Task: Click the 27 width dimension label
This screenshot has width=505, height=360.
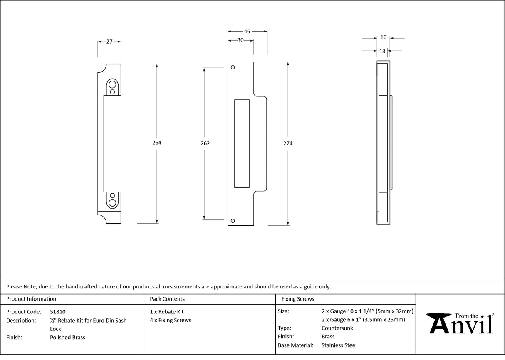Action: (109, 42)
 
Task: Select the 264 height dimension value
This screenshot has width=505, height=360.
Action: (157, 143)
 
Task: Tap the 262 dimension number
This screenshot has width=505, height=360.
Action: (205, 143)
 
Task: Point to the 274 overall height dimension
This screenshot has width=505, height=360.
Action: (288, 143)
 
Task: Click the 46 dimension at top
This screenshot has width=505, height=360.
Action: (247, 31)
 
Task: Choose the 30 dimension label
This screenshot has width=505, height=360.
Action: (240, 40)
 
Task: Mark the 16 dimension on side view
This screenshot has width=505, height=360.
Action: (383, 37)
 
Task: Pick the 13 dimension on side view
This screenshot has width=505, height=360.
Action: (382, 51)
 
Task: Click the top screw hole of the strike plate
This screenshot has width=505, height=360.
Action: (233, 67)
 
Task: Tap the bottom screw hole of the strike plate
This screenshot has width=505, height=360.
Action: (233, 220)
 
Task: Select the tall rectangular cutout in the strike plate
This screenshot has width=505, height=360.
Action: (242, 143)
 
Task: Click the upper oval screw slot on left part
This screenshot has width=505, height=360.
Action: (112, 87)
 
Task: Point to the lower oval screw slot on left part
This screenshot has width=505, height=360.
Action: (112, 200)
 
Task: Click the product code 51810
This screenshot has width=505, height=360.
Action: (57, 311)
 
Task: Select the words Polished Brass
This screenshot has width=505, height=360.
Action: (67, 338)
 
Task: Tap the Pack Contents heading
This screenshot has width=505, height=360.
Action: (167, 299)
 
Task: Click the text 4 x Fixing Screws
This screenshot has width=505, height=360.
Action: (171, 320)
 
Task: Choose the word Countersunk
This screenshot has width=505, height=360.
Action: (337, 328)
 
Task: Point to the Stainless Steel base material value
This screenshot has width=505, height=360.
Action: (339, 345)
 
